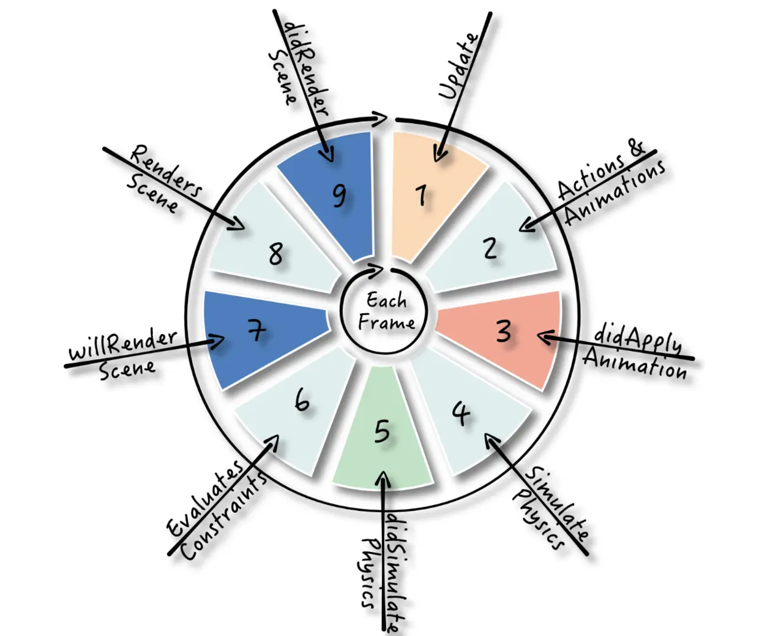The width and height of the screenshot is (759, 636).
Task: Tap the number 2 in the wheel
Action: tap(490, 248)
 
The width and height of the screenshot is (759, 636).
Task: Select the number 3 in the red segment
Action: tap(504, 331)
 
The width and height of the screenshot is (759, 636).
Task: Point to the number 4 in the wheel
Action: tap(462, 414)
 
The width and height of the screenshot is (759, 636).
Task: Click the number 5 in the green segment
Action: tap(382, 431)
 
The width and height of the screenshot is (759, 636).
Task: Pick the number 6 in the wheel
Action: tap(302, 402)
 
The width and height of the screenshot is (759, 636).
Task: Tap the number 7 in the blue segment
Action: tap(256, 330)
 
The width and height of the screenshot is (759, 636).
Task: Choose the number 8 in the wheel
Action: tap(275, 253)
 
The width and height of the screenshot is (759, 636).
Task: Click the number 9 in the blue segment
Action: tap(340, 197)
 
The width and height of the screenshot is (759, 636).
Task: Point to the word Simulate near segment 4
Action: tap(557, 504)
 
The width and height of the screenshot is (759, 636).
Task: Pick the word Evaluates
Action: tap(205, 499)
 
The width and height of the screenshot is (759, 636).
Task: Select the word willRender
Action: tap(122, 345)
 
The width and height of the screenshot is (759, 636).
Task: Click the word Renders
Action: tap(166, 172)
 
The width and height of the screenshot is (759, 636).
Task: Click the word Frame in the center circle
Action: tap(386, 323)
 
